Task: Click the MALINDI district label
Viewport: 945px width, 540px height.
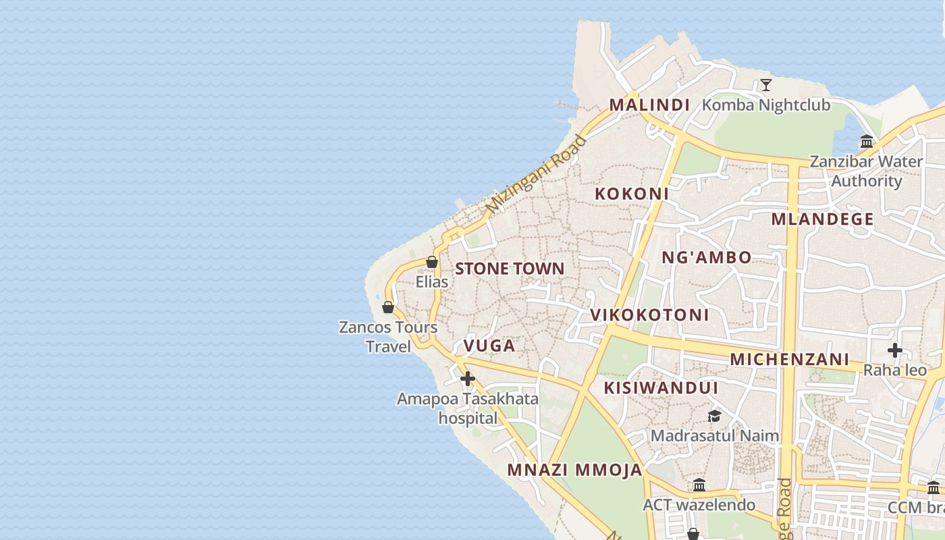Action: tap(649, 105)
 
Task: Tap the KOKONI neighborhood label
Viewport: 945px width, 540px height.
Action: tap(632, 194)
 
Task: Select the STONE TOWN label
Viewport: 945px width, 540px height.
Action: tap(510, 269)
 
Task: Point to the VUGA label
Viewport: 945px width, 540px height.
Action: tap(489, 346)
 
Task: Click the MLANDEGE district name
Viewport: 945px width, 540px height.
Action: tap(822, 219)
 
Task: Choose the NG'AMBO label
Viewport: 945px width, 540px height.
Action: tap(706, 258)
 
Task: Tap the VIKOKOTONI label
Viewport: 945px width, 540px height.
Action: tap(649, 315)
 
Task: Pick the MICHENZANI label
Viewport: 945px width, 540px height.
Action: tap(789, 359)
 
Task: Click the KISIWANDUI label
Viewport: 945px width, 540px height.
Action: tap(661, 388)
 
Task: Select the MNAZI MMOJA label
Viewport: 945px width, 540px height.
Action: tap(575, 470)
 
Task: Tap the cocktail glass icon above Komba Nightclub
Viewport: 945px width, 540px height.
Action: tap(766, 85)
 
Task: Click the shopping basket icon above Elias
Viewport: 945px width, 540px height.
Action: tap(432, 262)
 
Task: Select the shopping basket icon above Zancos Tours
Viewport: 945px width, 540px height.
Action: tap(388, 308)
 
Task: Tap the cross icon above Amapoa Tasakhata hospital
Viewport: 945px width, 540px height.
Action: tap(467, 379)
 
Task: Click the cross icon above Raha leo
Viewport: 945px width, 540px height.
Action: tap(895, 350)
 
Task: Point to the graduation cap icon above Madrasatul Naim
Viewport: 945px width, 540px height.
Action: tap(714, 416)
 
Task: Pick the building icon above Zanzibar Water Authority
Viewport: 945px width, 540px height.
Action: tap(867, 142)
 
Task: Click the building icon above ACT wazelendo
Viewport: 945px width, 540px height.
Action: tap(699, 485)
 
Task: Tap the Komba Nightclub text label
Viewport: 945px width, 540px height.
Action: tap(766, 105)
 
